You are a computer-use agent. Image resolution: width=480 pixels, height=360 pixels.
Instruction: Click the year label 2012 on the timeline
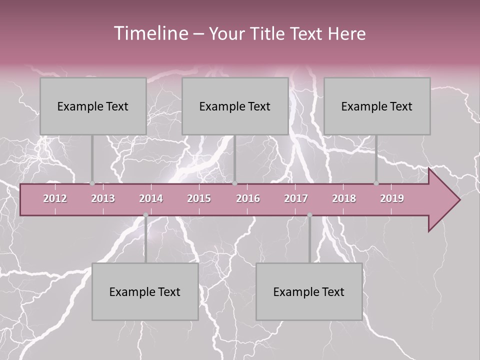click(x=55, y=198)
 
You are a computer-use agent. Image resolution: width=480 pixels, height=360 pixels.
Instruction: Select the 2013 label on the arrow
click(x=103, y=198)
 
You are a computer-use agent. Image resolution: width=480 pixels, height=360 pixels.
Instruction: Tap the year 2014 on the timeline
click(x=151, y=198)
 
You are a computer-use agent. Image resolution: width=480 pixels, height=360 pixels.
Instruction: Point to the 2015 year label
click(x=199, y=198)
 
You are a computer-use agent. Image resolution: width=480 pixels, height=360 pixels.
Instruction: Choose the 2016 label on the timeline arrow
click(x=248, y=198)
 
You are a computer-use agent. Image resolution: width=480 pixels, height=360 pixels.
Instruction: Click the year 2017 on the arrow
click(x=296, y=198)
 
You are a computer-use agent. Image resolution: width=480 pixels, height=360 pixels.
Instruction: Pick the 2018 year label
click(x=344, y=198)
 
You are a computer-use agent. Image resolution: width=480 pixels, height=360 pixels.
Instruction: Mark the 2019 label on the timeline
click(x=392, y=198)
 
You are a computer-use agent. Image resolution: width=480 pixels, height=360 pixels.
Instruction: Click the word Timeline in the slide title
click(x=150, y=33)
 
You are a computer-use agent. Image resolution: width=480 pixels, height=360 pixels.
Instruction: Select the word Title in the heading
click(x=268, y=34)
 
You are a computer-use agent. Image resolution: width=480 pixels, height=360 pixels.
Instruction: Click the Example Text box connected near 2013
click(x=93, y=106)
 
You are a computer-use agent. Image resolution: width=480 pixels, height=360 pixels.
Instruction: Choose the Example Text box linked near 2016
click(x=235, y=106)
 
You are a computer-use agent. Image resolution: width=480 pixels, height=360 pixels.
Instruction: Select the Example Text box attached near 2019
click(x=377, y=106)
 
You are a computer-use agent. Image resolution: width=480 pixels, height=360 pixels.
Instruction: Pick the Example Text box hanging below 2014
click(x=145, y=291)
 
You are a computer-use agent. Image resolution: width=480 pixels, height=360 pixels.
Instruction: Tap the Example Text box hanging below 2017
click(x=309, y=291)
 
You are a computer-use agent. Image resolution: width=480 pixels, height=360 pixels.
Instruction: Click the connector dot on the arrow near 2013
click(x=92, y=183)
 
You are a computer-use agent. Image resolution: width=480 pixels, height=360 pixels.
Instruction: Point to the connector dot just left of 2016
click(x=235, y=183)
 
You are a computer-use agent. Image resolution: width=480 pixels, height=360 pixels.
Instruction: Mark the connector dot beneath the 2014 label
click(x=145, y=215)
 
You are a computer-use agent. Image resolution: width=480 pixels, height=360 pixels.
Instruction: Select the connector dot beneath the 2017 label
click(x=309, y=215)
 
